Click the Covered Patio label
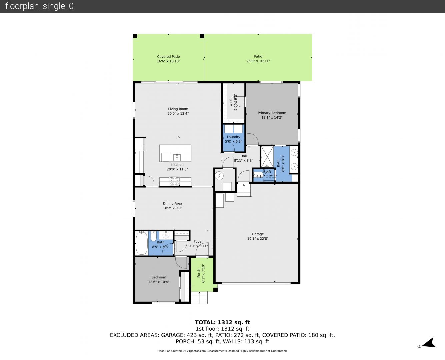point(168,57)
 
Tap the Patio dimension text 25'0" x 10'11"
point(258,61)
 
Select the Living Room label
point(178,109)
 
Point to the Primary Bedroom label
point(272,113)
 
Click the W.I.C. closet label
point(231,102)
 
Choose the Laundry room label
point(233,137)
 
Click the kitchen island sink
point(177,157)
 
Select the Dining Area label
point(172,203)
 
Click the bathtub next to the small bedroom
point(142,243)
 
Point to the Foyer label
point(198,241)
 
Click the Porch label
point(199,273)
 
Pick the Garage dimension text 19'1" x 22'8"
point(258,239)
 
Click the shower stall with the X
point(267,157)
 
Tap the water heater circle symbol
point(219,176)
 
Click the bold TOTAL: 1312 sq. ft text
point(222,322)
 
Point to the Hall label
point(243,156)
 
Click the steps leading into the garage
point(244,190)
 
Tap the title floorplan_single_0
point(39,6)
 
